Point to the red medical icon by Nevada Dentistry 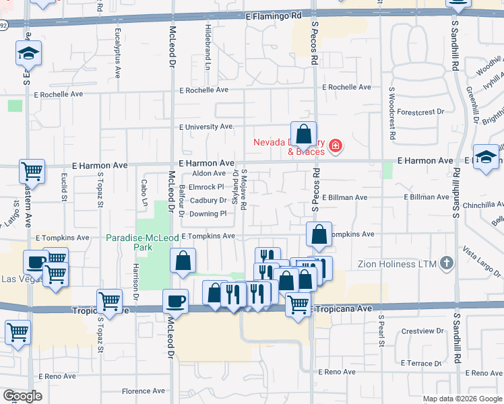tap(335, 145)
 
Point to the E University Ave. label tap(206, 127)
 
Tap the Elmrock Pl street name tap(206, 187)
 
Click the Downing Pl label tap(208, 213)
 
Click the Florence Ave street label tap(143, 391)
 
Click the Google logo tap(23, 396)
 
